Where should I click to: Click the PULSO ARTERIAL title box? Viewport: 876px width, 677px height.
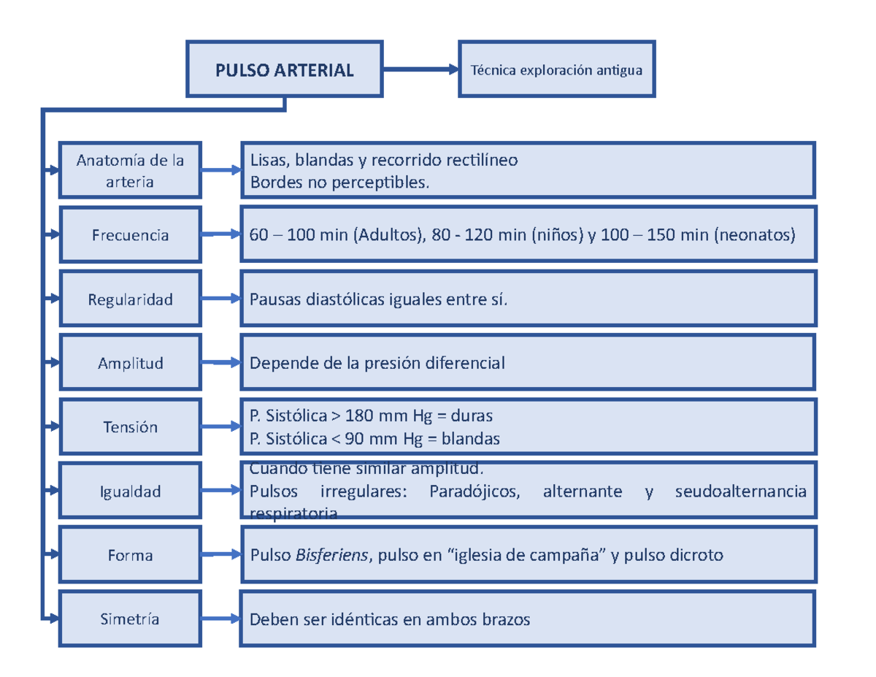coord(285,69)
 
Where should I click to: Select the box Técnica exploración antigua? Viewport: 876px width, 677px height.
coord(556,70)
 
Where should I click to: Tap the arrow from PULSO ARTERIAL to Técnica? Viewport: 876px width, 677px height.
coord(420,70)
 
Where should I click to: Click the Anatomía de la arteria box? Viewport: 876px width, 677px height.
coord(130,171)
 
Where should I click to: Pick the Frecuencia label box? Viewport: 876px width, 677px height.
coord(130,235)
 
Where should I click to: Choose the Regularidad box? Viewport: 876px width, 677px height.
coord(130,299)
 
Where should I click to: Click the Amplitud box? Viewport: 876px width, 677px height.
coord(130,363)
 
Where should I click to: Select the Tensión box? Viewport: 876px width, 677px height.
coord(130,427)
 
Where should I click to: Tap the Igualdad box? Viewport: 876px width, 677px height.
coord(130,492)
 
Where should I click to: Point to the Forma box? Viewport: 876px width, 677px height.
coord(130,556)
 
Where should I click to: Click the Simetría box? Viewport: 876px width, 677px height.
coord(130,619)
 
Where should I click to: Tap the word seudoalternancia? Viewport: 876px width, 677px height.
coord(740,492)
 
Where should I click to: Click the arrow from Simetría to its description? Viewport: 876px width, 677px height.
coord(221,619)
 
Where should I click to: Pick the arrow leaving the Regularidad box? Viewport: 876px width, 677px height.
coord(221,299)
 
